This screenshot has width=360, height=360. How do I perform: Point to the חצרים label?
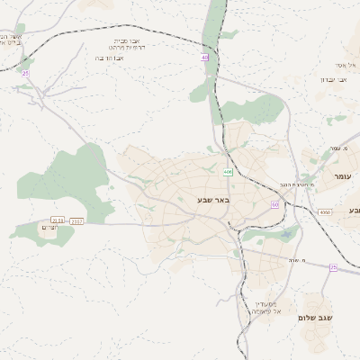[30, 229]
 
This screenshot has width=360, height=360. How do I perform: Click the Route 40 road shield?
[205, 58]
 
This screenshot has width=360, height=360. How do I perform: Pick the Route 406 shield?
[229, 171]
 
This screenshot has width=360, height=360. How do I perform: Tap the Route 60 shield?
[274, 205]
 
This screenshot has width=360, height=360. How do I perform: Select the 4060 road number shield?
[324, 211]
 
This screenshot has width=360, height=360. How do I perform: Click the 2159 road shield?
[58, 220]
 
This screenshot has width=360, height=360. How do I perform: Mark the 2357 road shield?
[76, 220]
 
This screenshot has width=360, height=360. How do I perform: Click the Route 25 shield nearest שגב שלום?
[332, 267]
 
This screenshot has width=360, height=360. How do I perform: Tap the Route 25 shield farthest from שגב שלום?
[25, 72]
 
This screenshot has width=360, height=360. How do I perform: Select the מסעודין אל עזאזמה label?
[265, 307]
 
